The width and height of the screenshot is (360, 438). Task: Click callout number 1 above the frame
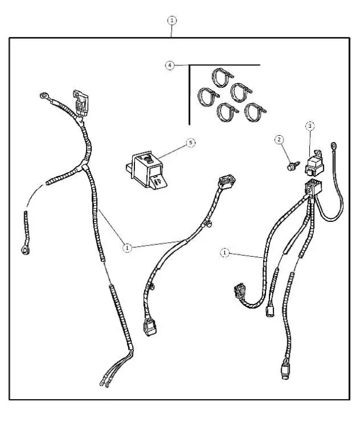[172, 20]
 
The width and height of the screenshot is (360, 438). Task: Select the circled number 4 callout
[170, 65]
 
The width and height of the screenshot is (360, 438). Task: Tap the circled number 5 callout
[191, 143]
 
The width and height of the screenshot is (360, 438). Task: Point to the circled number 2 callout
[279, 139]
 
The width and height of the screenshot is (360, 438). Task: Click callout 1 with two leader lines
[128, 247]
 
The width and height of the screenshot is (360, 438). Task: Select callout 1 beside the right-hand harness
[225, 253]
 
